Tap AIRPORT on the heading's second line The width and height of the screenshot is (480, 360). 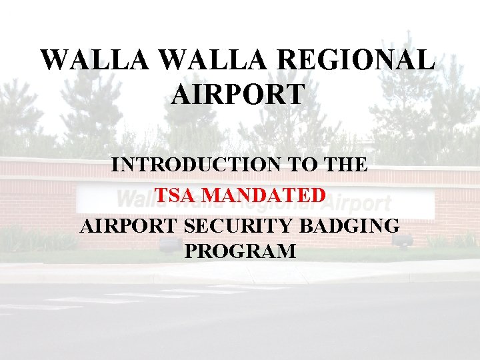[238, 94]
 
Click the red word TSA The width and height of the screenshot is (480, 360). [175, 195]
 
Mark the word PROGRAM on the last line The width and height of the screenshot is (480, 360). [240, 251]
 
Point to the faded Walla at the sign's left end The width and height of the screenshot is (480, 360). [137, 199]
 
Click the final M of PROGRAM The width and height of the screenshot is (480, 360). [287, 251]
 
